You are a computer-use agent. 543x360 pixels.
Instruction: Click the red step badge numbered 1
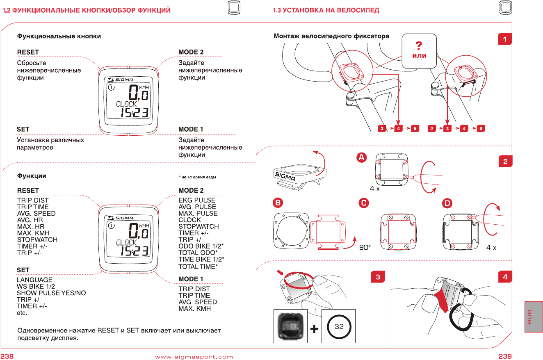[505, 39]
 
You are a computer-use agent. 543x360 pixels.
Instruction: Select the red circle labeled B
[278, 203]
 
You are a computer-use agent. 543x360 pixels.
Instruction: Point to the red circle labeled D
[447, 203]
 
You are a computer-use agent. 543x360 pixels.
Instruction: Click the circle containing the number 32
[339, 327]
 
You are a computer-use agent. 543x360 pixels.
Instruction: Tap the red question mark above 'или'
[419, 45]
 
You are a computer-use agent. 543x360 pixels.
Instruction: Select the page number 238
[7, 356]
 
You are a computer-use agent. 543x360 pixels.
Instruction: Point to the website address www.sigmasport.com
[194, 357]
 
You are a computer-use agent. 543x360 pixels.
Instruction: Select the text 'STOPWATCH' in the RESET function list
[37, 239]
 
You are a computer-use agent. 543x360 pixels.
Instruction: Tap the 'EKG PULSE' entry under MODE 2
[197, 200]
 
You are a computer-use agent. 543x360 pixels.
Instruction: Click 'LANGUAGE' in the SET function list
[34, 280]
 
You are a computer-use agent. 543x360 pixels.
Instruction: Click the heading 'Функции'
[31, 176]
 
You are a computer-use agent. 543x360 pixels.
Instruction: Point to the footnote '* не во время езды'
[197, 177]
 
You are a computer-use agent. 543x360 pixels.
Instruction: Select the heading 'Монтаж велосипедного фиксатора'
[331, 36]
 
